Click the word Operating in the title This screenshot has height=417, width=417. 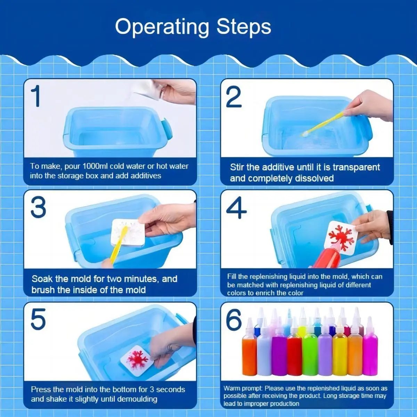tap(162, 27)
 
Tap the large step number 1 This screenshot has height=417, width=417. tap(36, 96)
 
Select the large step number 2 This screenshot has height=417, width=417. tap(234, 97)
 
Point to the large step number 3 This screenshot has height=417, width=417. tap(38, 207)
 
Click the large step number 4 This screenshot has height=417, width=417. tap(236, 208)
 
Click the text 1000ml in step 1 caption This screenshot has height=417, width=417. tap(95, 166)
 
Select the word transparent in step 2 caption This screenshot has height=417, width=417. tap(356, 167)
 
